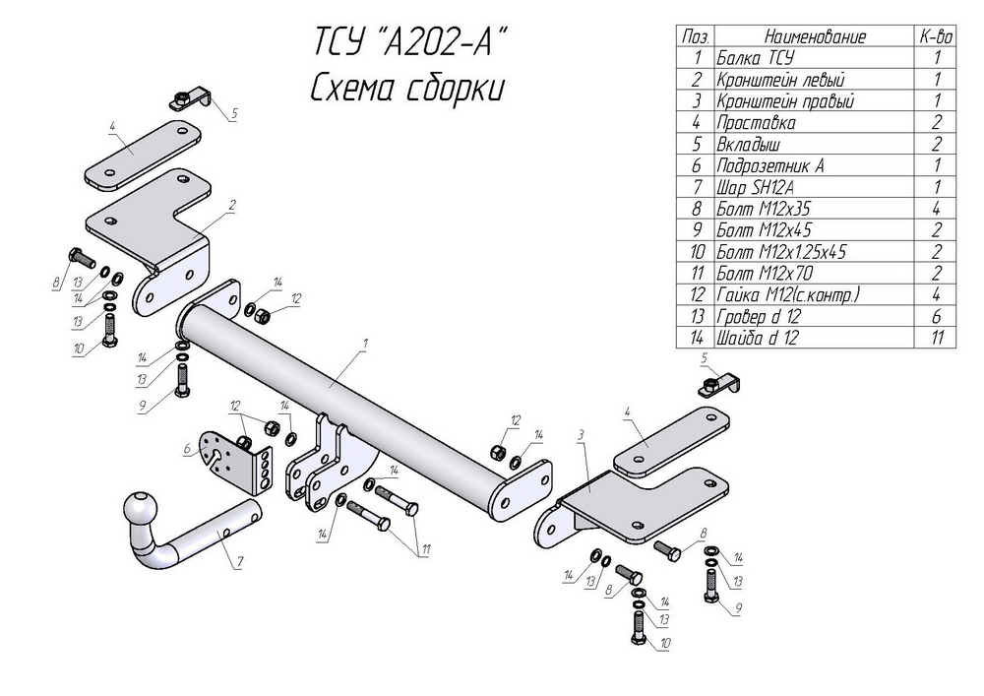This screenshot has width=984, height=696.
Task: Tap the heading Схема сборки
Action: pyautogui.click(x=406, y=89)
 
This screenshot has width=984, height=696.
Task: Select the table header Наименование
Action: pyautogui.click(x=814, y=36)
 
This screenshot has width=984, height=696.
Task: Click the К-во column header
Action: pyautogui.click(x=936, y=36)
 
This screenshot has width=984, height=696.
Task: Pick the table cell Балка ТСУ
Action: pyautogui.click(x=756, y=58)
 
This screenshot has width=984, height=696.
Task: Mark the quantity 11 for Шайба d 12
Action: pyautogui.click(x=936, y=338)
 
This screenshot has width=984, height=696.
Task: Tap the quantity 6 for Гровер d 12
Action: pyautogui.click(x=936, y=316)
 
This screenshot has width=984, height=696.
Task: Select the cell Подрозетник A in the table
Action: pyautogui.click(x=770, y=165)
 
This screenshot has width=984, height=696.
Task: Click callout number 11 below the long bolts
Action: pyautogui.click(x=426, y=549)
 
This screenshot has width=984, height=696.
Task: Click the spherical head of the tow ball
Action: pyautogui.click(x=142, y=511)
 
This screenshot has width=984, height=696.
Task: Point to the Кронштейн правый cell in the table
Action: pyautogui.click(x=785, y=100)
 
